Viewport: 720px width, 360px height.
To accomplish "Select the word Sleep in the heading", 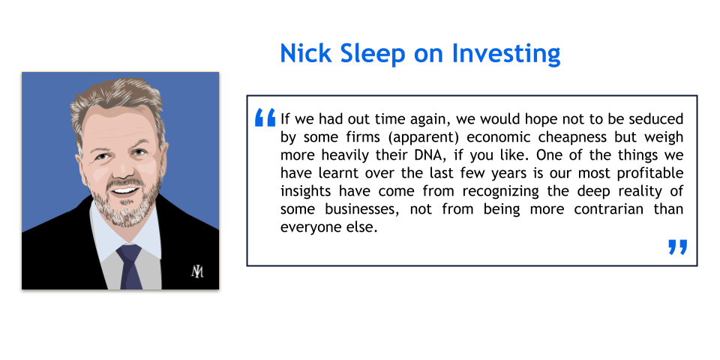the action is point(373,55).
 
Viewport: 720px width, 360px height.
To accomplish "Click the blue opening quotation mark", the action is point(265,117).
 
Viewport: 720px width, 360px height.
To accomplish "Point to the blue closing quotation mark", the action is point(678,247).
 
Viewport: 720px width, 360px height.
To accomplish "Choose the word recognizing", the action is point(500,191).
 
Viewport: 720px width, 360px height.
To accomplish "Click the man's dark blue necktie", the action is point(130,266).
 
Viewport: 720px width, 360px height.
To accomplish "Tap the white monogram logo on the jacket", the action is point(197,271).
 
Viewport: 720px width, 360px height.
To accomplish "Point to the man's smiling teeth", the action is point(124,190).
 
